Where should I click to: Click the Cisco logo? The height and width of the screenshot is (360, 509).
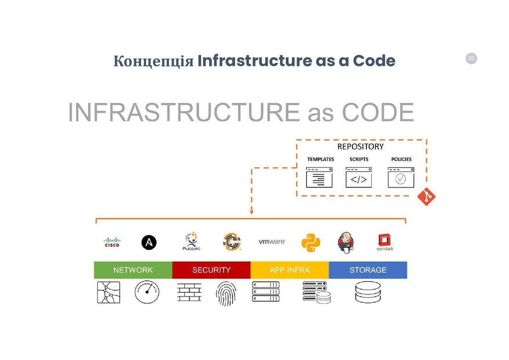click(x=112, y=242)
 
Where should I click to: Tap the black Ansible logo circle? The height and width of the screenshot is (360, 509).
click(x=149, y=242)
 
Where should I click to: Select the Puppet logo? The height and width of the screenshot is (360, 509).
click(x=191, y=241)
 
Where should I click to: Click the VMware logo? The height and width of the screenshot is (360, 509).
click(x=271, y=242)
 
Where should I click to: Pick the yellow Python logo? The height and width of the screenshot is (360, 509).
click(x=311, y=242)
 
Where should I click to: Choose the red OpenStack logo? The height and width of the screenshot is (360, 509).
click(x=385, y=242)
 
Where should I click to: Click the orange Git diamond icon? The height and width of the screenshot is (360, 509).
click(x=426, y=197)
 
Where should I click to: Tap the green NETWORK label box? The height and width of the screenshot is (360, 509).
click(x=133, y=270)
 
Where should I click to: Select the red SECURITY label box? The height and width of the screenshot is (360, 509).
click(x=211, y=270)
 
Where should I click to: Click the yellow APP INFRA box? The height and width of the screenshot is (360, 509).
click(x=289, y=270)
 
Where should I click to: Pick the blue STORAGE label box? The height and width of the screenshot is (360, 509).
click(x=368, y=270)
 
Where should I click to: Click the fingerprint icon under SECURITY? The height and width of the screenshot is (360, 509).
click(x=226, y=293)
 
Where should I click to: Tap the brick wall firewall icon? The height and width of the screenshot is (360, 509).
click(x=189, y=292)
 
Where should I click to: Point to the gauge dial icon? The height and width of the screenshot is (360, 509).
click(x=147, y=292)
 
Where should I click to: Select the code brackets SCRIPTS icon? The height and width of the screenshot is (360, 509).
click(x=358, y=178)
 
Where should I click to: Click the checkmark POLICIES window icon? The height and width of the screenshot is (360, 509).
click(x=401, y=178)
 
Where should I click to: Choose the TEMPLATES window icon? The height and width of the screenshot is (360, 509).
click(x=319, y=178)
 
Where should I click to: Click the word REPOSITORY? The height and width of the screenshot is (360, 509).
click(x=360, y=147)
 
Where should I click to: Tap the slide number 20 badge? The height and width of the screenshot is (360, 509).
click(x=471, y=59)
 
